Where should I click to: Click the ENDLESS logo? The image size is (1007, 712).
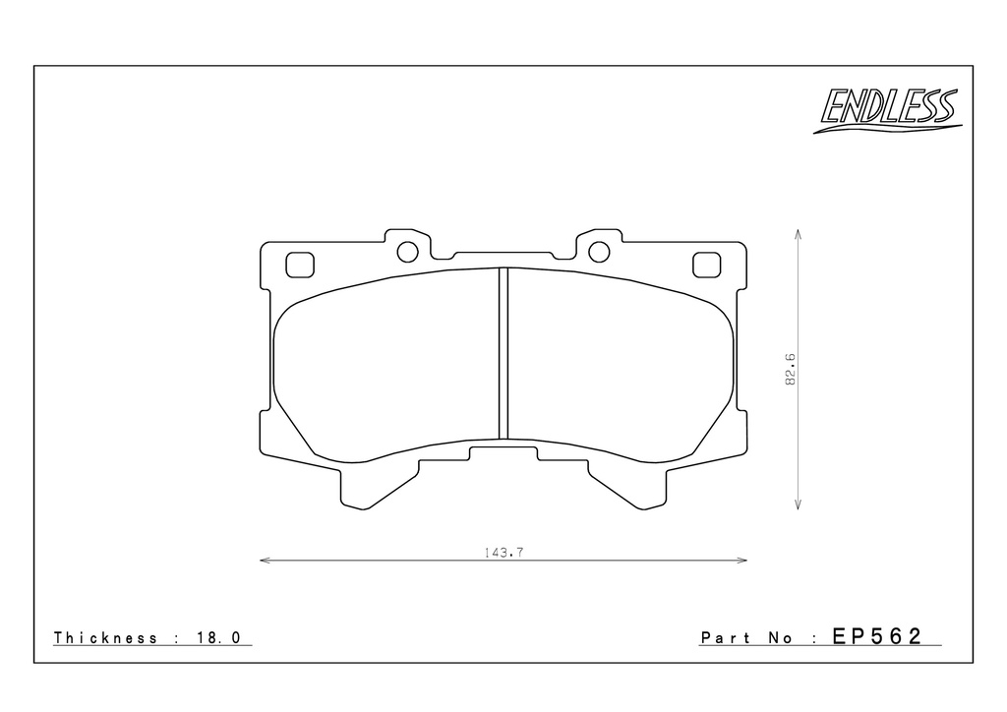pos(887,111)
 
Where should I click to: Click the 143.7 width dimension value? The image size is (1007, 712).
pos(504,552)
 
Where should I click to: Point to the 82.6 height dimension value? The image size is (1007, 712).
pos(790,369)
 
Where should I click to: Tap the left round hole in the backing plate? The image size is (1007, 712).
pos(407,252)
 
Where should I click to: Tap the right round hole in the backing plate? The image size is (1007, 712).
pos(599,252)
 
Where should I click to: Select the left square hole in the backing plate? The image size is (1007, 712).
pos(300,266)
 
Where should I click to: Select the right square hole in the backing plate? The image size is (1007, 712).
pos(706,266)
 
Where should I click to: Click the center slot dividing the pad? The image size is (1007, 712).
pos(503,352)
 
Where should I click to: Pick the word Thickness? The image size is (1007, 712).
pos(105,637)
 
